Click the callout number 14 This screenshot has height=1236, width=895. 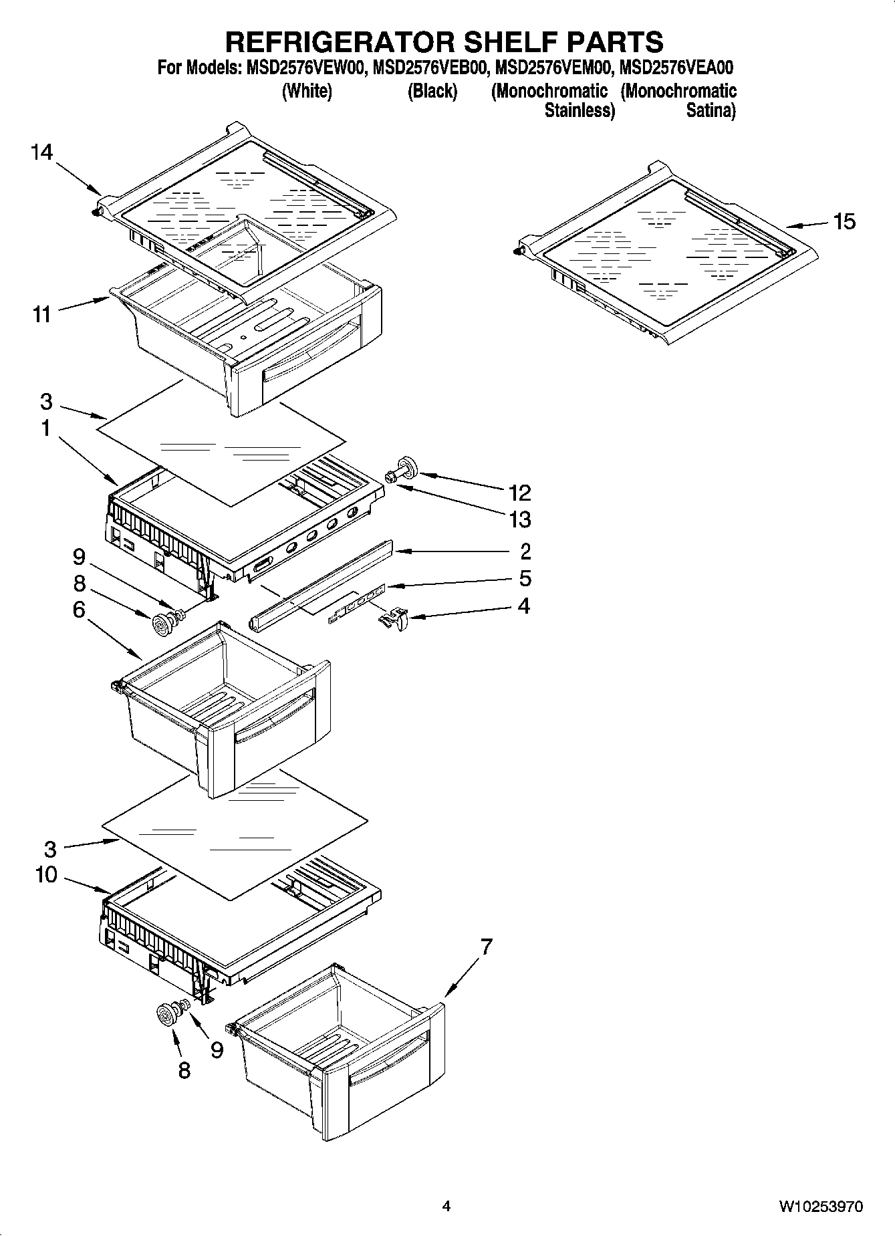(41, 152)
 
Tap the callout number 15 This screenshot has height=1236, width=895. (844, 221)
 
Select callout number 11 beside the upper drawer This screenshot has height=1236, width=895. (41, 314)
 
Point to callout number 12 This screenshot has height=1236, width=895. (519, 493)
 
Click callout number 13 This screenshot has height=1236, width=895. (519, 519)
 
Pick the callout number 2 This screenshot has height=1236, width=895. (525, 551)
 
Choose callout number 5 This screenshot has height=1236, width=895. (525, 578)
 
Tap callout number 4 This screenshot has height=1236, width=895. (524, 606)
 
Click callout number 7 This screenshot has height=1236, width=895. (487, 947)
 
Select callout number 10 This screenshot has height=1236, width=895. (46, 875)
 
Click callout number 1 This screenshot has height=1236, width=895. (45, 428)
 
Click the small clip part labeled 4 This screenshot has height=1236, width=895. (394, 619)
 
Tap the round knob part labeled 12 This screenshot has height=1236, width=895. (406, 465)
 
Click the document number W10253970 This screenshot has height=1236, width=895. (820, 1207)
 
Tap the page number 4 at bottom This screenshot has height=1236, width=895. (446, 1207)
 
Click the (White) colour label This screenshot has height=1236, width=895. (307, 91)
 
